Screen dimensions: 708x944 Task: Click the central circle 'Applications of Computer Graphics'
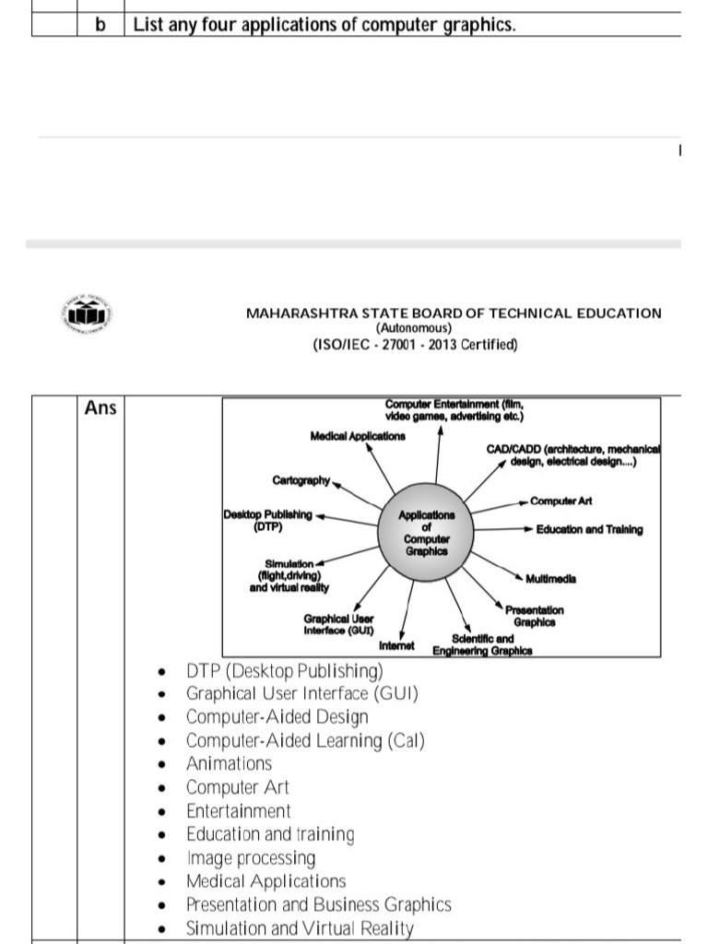click(426, 533)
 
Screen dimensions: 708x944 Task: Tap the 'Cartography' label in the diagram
click(301, 480)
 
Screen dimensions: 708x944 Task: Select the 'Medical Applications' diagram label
click(358, 436)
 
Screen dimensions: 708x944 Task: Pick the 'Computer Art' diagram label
click(560, 501)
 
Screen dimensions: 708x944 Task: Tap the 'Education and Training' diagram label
click(589, 530)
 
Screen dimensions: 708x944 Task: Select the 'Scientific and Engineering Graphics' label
click(482, 644)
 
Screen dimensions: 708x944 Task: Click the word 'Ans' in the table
click(100, 407)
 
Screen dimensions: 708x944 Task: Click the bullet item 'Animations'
click(229, 763)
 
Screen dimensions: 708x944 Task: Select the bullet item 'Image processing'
click(250, 858)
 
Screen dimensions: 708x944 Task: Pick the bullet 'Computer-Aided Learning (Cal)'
click(305, 740)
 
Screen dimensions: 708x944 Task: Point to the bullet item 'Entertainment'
click(238, 811)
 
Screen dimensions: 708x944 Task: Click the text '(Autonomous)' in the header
click(413, 328)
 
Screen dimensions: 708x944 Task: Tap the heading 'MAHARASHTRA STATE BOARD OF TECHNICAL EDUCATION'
click(454, 313)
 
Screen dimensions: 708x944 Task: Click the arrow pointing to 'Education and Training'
click(503, 530)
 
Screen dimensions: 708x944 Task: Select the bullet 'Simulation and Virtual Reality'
click(300, 928)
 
